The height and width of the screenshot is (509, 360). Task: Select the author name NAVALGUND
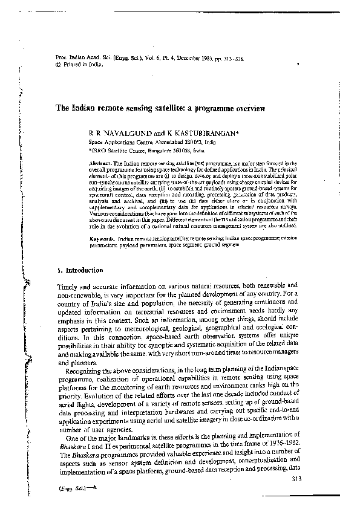tap(117, 132)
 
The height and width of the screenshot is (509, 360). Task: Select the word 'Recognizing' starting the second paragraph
tap(87, 366)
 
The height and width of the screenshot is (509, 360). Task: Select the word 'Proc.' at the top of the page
tap(44, 61)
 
